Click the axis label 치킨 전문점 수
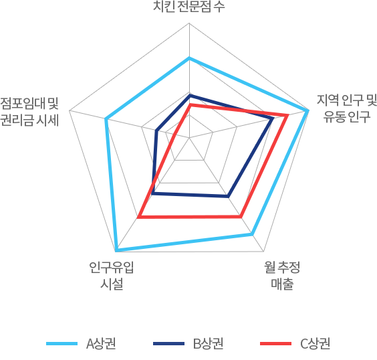tap(189, 7)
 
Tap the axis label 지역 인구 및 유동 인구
tap(347, 108)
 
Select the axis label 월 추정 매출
tap(282, 275)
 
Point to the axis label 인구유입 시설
tap(112, 275)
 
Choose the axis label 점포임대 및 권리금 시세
tap(29, 112)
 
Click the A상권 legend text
tap(101, 343)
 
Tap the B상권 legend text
tap(208, 343)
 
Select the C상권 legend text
tap(316, 343)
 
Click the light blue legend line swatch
tap(61, 344)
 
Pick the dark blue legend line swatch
tap(169, 344)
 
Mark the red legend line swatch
tap(276, 344)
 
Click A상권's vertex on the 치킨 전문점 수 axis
tap(189, 58)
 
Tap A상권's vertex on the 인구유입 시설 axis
tap(116, 250)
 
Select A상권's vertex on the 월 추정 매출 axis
tap(252, 234)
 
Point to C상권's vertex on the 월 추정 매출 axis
tap(241, 217)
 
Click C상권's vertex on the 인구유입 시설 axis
tap(138, 217)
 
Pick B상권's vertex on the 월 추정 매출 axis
tap(228, 197)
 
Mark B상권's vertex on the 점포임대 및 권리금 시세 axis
tap(156, 131)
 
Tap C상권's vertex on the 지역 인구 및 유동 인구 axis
tap(287, 116)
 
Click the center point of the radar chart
tap(189, 138)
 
